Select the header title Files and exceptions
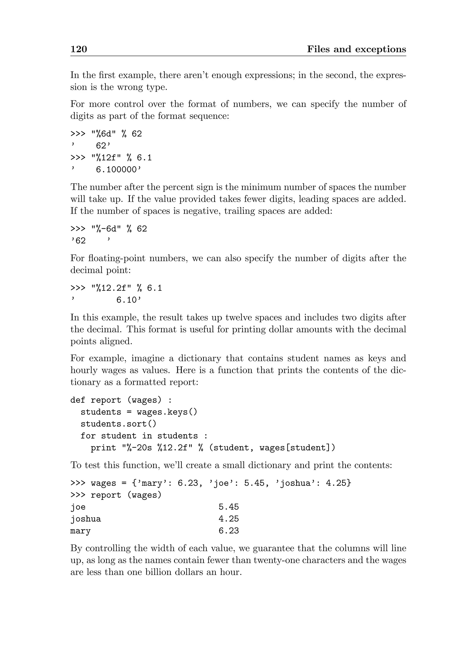point(356,49)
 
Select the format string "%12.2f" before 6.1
point(112,288)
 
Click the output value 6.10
point(126,300)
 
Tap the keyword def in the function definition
point(78,400)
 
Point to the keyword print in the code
point(103,448)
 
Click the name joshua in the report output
point(86,519)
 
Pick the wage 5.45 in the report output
point(229,507)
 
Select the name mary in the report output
point(80,531)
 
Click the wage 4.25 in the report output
point(229,519)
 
